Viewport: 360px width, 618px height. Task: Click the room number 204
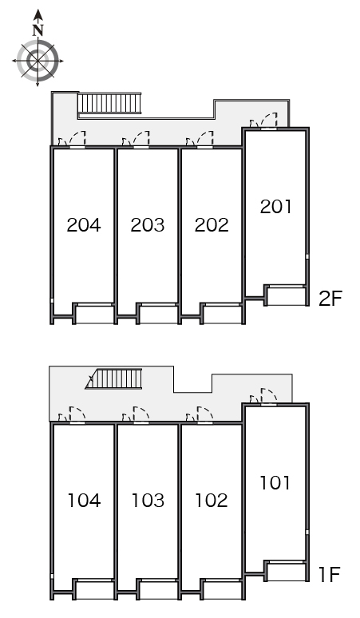84,225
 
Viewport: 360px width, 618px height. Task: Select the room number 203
148,225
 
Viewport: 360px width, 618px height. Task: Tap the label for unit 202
212,225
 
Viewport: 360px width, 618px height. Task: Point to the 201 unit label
275,207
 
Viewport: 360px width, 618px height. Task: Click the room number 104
84,501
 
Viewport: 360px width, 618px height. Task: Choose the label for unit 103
148,501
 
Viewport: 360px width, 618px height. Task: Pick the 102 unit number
212,501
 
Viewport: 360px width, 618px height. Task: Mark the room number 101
275,483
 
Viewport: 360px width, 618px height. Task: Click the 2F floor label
330,299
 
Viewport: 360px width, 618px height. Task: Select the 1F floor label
329,575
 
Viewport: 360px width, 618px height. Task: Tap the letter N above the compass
38,31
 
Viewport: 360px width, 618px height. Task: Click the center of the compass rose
38,61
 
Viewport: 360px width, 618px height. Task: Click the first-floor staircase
113,378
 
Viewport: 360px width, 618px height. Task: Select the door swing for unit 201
269,120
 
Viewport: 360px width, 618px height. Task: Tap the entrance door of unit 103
141,414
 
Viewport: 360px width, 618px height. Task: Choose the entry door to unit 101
269,396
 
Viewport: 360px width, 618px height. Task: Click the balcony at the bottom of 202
222,315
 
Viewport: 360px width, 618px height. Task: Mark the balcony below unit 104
95,590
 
